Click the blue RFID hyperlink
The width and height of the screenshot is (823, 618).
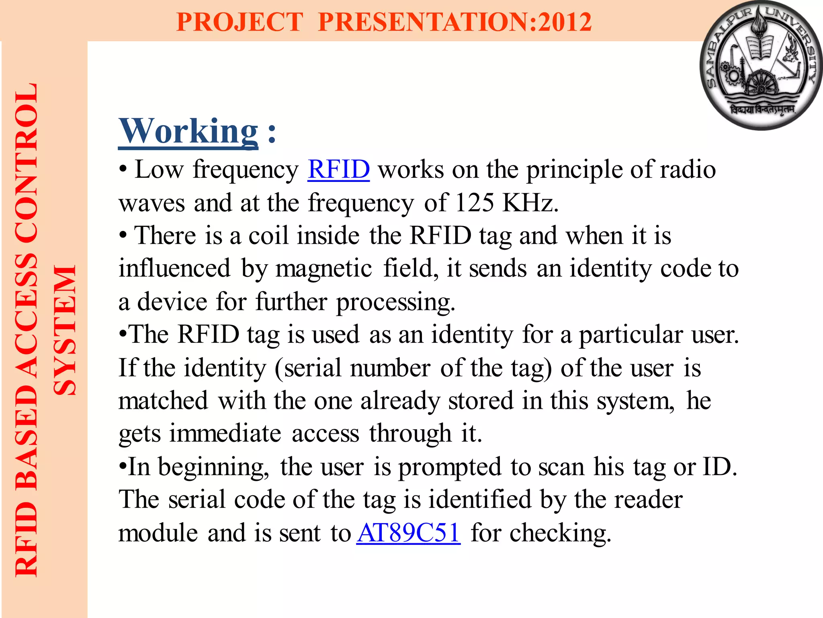pos(338,169)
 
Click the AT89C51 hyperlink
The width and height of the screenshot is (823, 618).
pos(408,533)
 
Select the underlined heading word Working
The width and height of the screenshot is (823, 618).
pos(188,131)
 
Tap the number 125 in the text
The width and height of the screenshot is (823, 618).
pos(474,202)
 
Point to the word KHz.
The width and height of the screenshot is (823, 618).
pos(530,202)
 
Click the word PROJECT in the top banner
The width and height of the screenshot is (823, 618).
pos(240,22)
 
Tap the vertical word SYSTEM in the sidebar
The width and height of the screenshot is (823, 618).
pos(65,330)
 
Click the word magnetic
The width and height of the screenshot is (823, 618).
pos(323,269)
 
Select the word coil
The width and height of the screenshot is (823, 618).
pos(268,235)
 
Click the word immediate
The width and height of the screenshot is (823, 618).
pos(225,434)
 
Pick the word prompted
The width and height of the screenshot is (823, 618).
pos(450,467)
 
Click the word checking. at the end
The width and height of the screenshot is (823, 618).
pos(561,534)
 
